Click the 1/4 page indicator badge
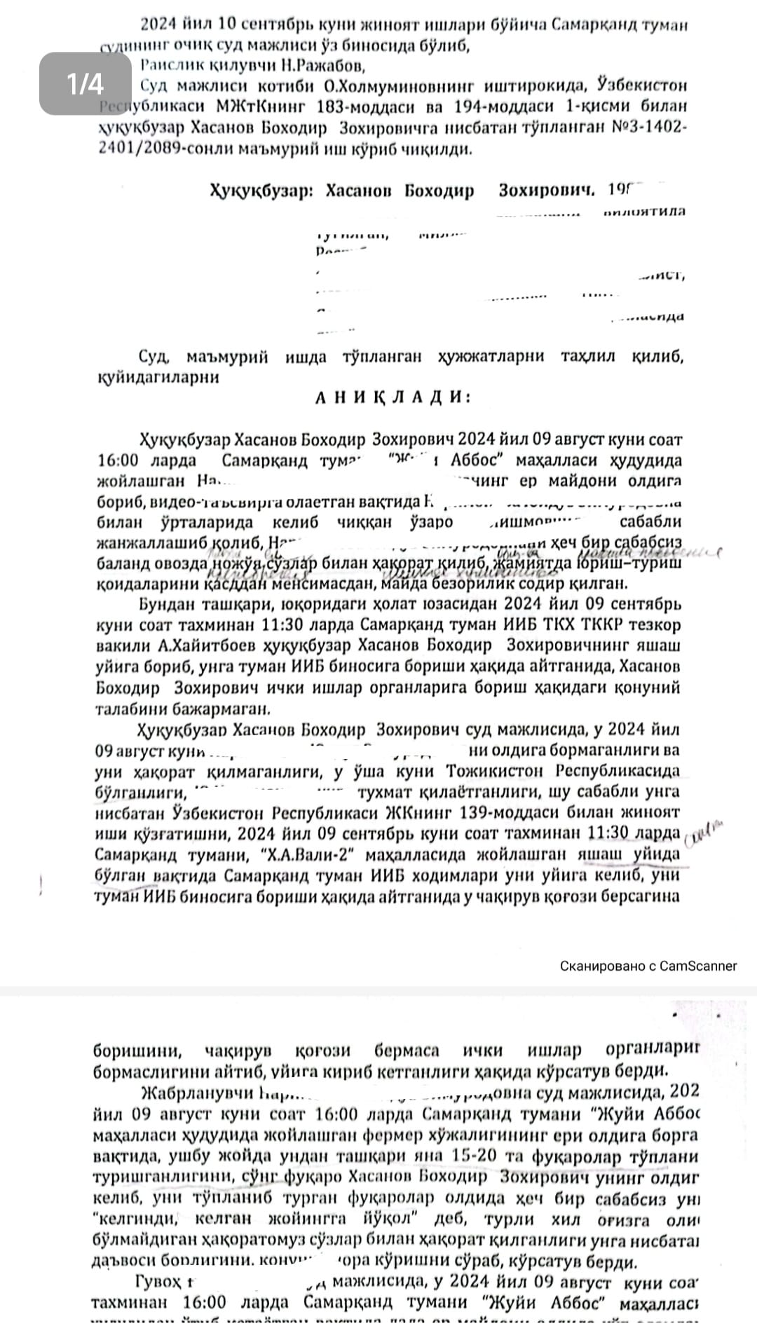click(x=85, y=84)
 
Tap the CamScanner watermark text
click(x=648, y=966)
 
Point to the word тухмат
click(x=388, y=793)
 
